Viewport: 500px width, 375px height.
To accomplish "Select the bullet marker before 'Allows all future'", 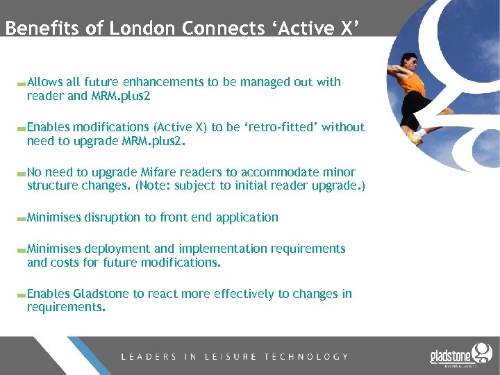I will (x=22, y=83).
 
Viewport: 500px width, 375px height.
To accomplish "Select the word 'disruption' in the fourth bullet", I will (x=112, y=217).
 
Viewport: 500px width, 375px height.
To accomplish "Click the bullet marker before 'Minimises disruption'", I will (x=22, y=219).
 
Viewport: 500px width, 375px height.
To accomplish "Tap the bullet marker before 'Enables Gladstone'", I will (x=22, y=295).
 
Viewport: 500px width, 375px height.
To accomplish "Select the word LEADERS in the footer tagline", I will (x=149, y=356).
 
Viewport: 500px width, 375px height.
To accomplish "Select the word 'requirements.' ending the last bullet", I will (x=66, y=307).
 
